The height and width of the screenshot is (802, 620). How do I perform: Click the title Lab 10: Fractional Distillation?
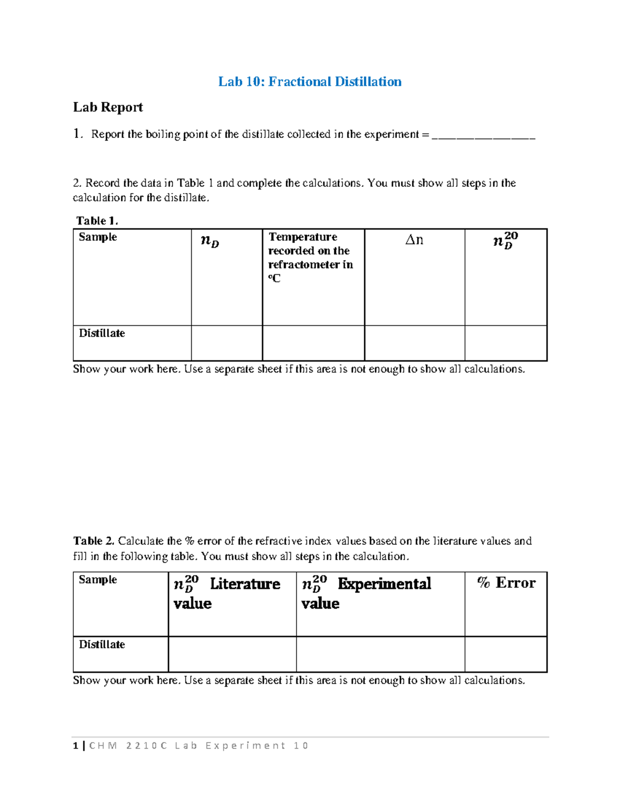[x=309, y=82]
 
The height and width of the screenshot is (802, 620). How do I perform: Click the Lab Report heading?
[x=107, y=107]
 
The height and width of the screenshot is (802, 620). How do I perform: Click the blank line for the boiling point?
[x=483, y=135]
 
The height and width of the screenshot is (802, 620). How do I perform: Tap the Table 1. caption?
[x=97, y=221]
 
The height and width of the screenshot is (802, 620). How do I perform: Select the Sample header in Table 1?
[x=98, y=237]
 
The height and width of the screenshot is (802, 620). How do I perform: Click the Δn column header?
[x=414, y=240]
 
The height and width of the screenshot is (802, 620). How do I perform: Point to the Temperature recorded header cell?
[x=311, y=257]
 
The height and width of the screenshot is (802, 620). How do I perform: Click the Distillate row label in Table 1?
[x=102, y=334]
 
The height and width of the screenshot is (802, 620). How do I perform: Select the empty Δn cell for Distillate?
[x=414, y=343]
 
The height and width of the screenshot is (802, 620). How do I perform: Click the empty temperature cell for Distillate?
[x=313, y=343]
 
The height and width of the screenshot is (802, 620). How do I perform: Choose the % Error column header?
[x=506, y=583]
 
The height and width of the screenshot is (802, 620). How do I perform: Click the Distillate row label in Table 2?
[x=102, y=644]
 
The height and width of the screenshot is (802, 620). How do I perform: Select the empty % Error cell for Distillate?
[x=506, y=654]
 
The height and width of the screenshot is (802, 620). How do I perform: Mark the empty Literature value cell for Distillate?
[x=232, y=654]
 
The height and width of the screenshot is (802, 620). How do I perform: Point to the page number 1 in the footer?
[x=76, y=746]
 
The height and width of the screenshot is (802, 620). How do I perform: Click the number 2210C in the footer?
[x=147, y=746]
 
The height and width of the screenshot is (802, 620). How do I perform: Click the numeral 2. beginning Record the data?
[x=77, y=183]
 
